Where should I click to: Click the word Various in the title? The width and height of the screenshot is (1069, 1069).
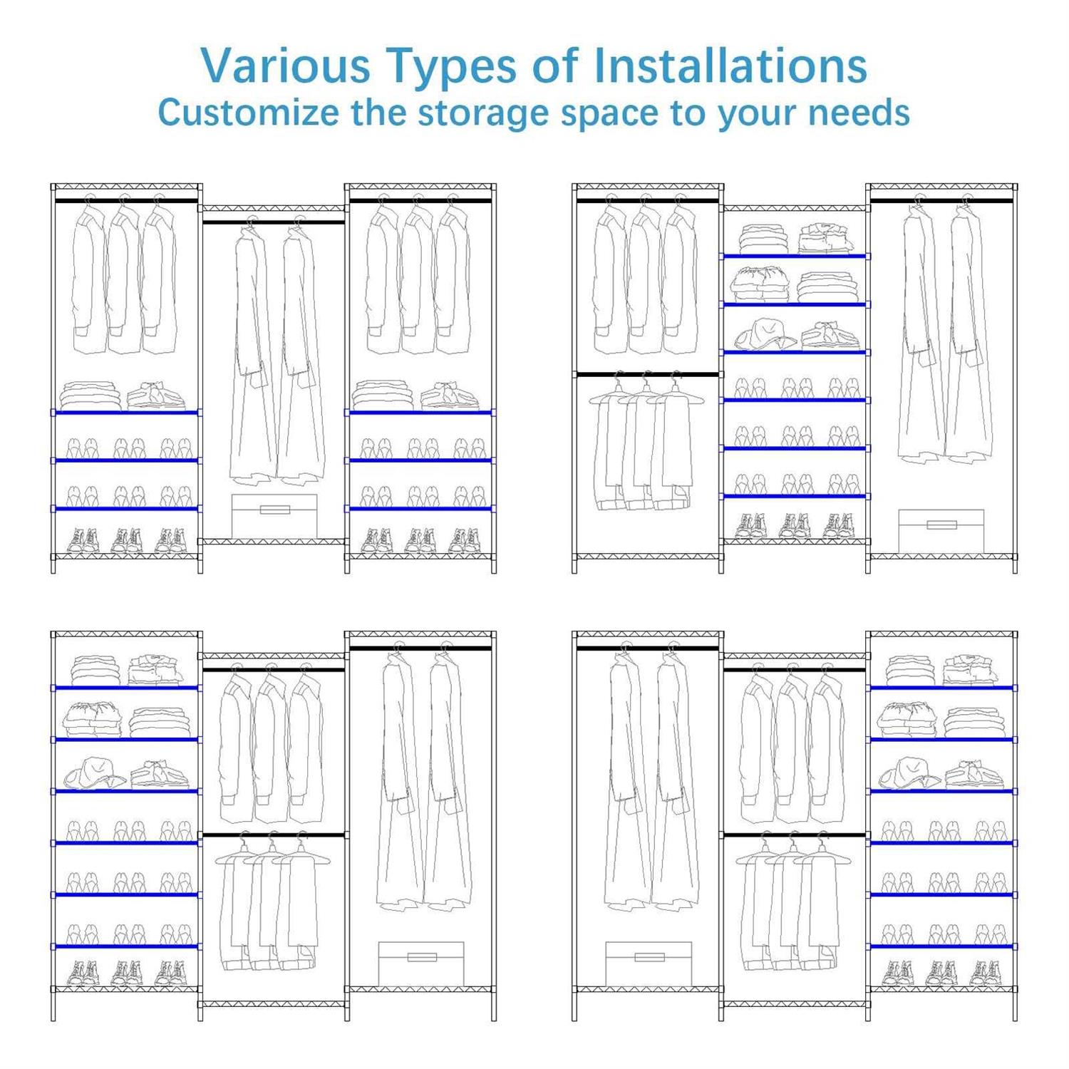click(x=286, y=66)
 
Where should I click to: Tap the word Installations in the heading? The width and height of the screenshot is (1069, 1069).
click(x=730, y=66)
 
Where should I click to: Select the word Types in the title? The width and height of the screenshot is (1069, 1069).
click(x=452, y=67)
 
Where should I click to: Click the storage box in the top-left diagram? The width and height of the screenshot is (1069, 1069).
click(x=274, y=516)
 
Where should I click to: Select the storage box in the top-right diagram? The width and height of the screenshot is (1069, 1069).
click(x=941, y=531)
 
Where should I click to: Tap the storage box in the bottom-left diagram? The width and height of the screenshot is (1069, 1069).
click(x=420, y=964)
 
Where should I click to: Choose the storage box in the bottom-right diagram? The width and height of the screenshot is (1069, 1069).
click(x=649, y=964)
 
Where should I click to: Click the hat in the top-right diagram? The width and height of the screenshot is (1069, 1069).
click(x=764, y=334)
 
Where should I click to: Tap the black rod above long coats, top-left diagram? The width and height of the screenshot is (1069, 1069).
click(x=274, y=222)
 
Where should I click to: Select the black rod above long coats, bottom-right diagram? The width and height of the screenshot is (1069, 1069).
click(x=647, y=648)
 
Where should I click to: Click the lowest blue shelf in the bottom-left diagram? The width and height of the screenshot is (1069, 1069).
click(x=126, y=946)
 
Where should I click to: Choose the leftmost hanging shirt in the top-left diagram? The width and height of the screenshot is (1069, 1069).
click(x=90, y=278)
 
